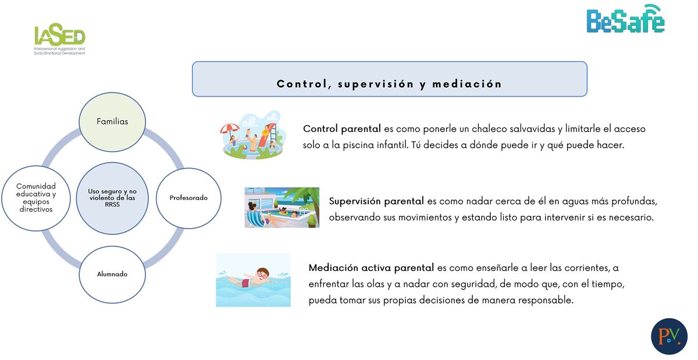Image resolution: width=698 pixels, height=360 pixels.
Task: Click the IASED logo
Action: click(59, 39)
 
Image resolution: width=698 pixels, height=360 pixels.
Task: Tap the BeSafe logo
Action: click(626, 19)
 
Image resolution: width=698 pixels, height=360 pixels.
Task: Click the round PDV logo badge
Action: click(669, 336)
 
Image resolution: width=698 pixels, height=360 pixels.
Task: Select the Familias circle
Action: click(112, 122)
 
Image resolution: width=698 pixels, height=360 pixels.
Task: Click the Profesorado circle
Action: click(188, 198)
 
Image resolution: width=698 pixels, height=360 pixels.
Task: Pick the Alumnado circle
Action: click(112, 275)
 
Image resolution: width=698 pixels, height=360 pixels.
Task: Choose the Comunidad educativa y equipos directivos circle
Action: click(36, 198)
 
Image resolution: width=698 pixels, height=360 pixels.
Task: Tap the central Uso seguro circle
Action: click(112, 198)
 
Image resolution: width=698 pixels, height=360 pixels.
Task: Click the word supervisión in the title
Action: click(376, 84)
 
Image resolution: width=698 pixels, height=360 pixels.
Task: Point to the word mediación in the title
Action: click(467, 84)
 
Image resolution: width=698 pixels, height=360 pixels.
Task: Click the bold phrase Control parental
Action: click(342, 129)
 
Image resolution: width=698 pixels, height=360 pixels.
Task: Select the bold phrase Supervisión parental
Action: click(376, 201)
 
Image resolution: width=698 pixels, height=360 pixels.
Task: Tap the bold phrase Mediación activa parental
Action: click(371, 268)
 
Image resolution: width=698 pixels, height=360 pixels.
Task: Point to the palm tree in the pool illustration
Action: click(304, 199)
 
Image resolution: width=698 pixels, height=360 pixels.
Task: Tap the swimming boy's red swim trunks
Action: click(245, 283)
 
